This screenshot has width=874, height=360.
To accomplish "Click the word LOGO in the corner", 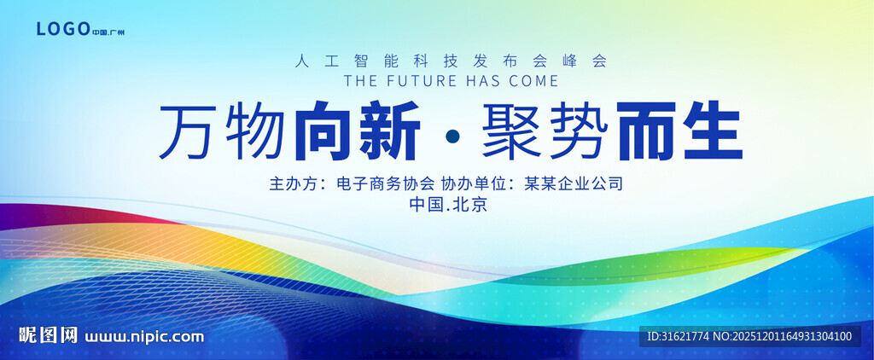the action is point(63,29).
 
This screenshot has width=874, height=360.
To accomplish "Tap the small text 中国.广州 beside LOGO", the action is point(108,32).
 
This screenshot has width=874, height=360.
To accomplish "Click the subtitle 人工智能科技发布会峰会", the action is point(451,61).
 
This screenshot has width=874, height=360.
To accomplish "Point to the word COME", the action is point(533,81).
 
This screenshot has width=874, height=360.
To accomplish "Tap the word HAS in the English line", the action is point(483,81).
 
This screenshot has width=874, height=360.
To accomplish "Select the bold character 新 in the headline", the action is point(389,131).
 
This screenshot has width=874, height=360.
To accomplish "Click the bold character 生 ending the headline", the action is point(711,131).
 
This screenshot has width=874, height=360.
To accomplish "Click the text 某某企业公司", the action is point(573,183).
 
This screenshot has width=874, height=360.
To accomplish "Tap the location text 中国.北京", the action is point(449,205).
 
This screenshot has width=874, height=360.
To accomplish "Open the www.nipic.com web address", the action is point(143,337).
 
